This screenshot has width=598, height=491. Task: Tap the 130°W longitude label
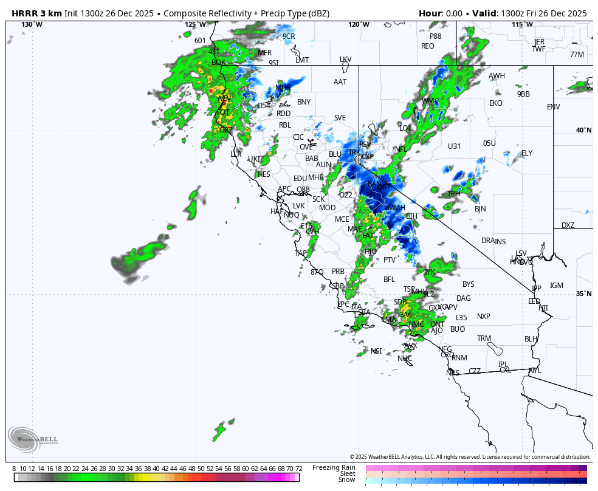32,24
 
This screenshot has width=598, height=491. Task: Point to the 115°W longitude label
522,24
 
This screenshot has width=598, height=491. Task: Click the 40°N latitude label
583,130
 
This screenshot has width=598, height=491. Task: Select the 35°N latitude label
583,294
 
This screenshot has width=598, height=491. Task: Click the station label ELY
527,153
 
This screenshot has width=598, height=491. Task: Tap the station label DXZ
568,225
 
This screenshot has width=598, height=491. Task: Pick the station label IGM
557,286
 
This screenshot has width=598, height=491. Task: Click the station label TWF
538,49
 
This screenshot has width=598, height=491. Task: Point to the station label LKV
346,60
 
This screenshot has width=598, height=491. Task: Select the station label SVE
340,118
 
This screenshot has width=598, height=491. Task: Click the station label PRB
338,272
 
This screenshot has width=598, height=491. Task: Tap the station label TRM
484,338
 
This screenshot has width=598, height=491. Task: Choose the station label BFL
389,280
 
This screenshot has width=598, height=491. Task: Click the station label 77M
577,55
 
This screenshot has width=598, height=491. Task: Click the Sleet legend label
347,473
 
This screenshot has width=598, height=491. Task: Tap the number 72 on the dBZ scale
298,469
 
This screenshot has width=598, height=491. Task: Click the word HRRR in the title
24,13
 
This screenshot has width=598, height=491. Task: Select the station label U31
454,146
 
